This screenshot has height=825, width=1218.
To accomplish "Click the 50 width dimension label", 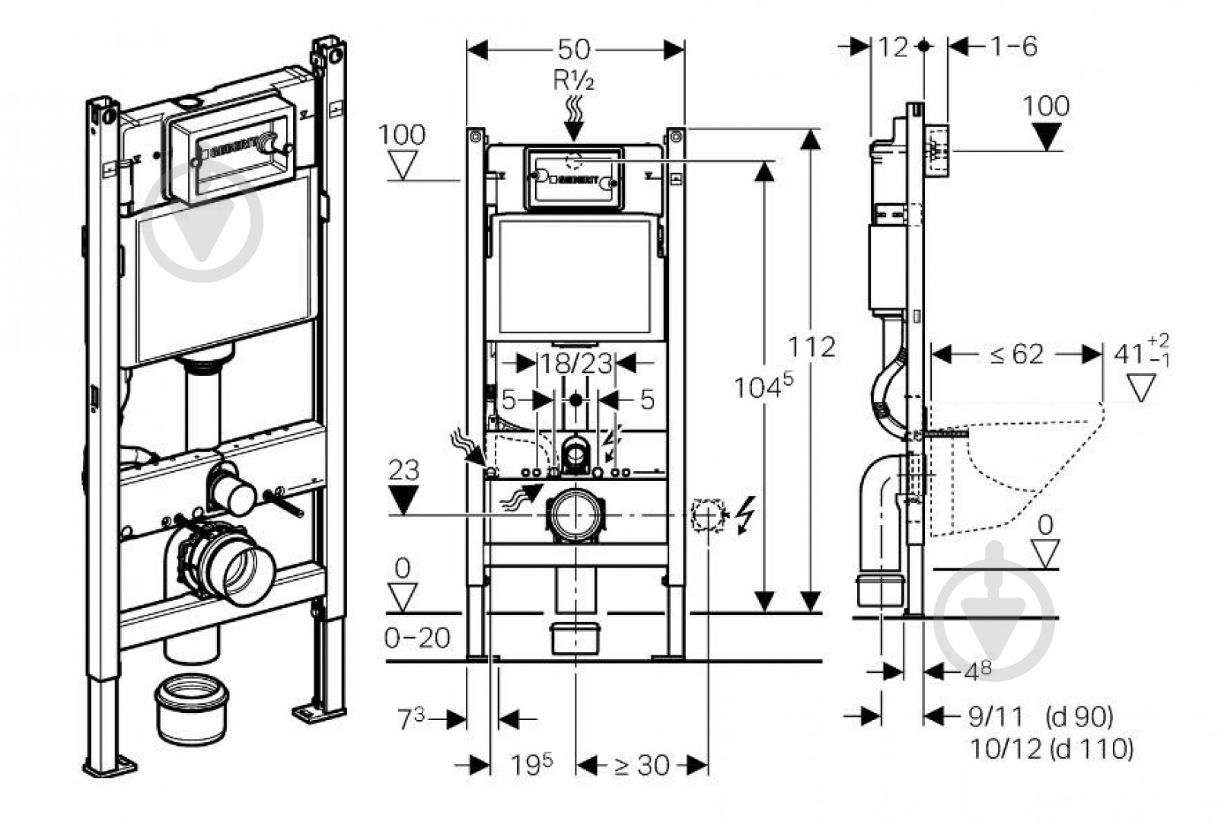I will [574, 49].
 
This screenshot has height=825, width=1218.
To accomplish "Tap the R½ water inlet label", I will [573, 80].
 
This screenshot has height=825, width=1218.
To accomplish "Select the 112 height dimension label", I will [811, 347].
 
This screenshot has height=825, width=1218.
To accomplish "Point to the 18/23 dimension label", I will [576, 363].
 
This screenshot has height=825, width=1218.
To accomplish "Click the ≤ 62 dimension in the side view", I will [1017, 354].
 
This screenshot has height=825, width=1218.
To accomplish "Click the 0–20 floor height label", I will [416, 638].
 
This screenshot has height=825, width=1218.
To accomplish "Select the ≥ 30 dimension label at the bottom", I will [641, 765].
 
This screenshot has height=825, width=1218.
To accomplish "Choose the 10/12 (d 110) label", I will [1051, 749].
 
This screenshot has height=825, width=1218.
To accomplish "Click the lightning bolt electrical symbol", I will [747, 515].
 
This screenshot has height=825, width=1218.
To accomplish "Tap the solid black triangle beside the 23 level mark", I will [403, 499].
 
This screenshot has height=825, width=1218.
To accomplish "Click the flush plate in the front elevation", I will [574, 178].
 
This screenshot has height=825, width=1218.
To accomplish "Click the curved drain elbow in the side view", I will [883, 502].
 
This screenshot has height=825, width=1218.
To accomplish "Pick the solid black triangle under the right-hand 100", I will [1047, 136].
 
